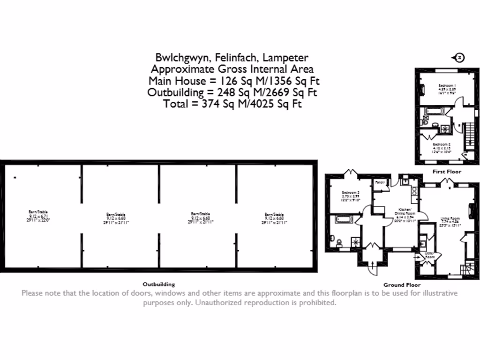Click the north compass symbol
[x=458, y=58]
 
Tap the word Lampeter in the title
[x=285, y=58]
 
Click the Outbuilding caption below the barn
[x=158, y=284]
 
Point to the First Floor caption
[x=446, y=172]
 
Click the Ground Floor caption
[x=402, y=285]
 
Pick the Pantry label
[x=380, y=182]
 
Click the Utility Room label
[x=430, y=255]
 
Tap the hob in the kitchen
[x=414, y=191]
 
